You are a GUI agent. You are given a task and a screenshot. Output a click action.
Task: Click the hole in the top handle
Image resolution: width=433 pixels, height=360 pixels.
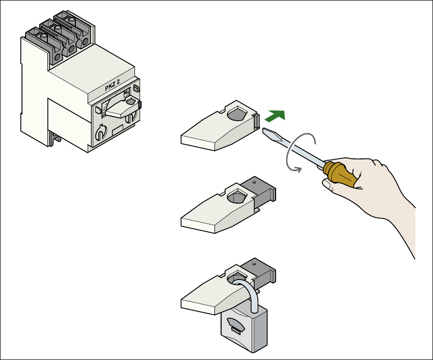pos(237,113)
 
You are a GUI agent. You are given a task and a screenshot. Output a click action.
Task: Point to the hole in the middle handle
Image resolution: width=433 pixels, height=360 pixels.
pos(237,196)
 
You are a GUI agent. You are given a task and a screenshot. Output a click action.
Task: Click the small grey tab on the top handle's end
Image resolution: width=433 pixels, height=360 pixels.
pos(257,121)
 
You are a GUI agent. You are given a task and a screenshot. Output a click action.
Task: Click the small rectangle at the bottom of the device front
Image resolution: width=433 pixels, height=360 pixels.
pos(118,129)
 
